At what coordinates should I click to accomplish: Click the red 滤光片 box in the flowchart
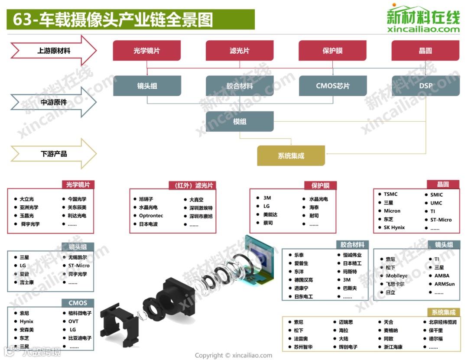coord(239,51)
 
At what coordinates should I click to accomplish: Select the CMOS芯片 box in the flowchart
coord(332,86)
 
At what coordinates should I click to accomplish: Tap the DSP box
coord(426,86)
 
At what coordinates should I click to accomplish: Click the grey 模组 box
coord(239,121)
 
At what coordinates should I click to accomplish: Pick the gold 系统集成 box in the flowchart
coord(291,156)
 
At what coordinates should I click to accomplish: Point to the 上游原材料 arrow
coord(53,51)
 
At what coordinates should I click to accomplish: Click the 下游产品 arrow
coord(53,154)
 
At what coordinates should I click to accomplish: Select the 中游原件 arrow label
coord(53,103)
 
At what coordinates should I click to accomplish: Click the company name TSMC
coord(390,194)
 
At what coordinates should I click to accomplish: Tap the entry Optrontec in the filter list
coord(151,216)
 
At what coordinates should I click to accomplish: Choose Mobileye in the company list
coord(396,276)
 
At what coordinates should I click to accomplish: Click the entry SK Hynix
coord(394,227)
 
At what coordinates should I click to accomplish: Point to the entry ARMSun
coord(445,284)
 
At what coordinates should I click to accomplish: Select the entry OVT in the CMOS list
coord(73,321)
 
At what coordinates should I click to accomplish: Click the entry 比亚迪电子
coord(80,338)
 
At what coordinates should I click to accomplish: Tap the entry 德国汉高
coord(303,280)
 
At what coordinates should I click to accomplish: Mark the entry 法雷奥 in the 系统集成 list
coord(301,339)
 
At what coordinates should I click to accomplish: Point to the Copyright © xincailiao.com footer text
coord(234,355)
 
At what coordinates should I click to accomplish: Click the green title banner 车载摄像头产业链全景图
coord(130,20)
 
